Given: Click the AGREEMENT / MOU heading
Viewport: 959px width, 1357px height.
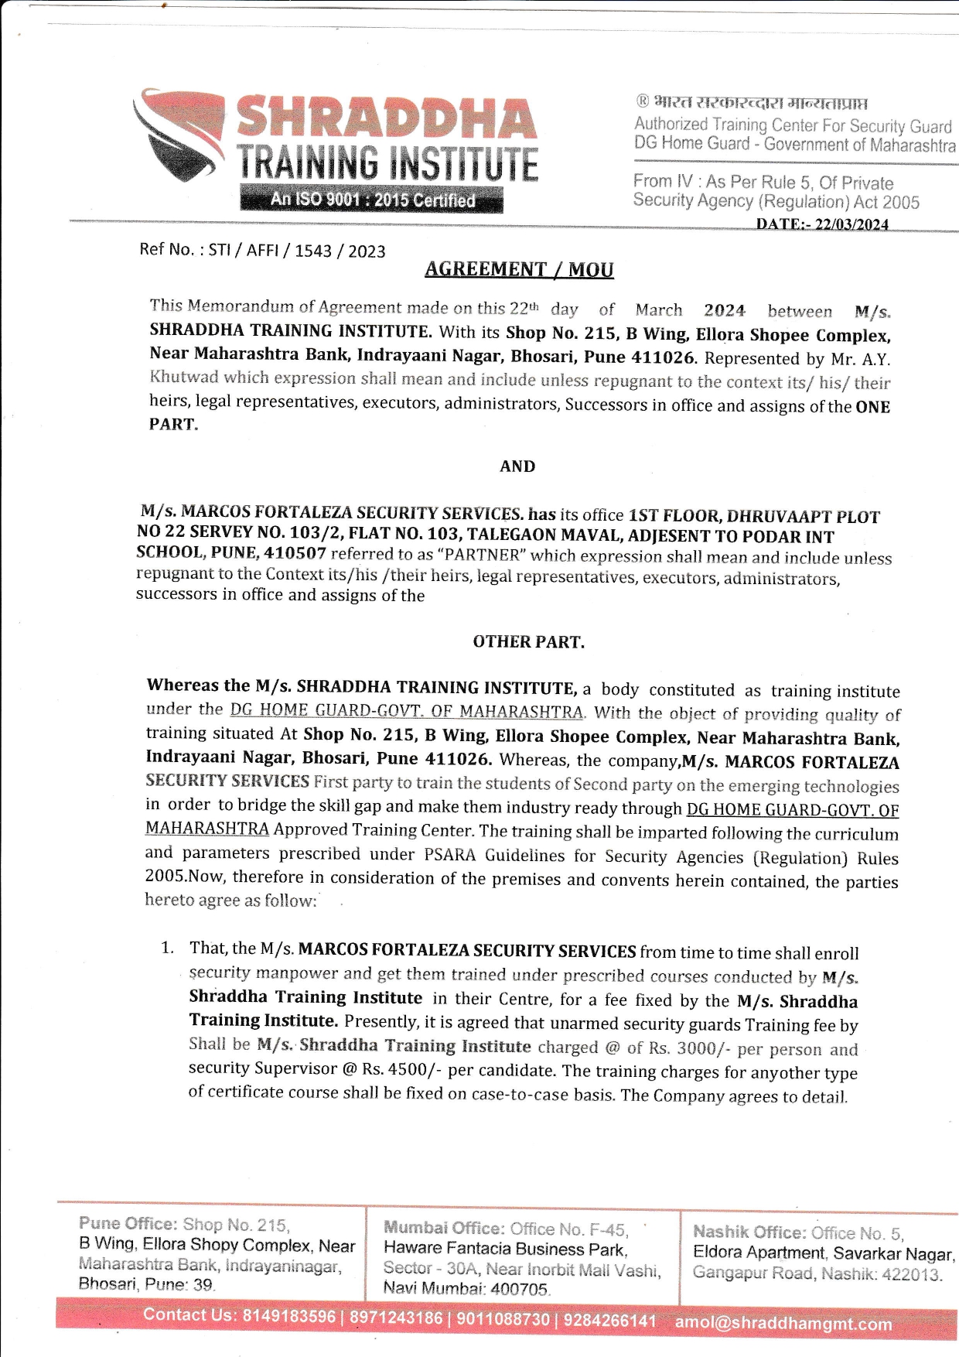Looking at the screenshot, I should point(519,269).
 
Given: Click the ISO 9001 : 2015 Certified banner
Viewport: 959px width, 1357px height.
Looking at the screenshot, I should point(372,200).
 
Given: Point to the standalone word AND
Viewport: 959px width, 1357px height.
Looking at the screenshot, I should point(517,467).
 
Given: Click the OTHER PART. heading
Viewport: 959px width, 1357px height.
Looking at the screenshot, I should point(529,642).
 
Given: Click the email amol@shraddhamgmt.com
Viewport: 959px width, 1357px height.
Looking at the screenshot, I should point(783,1323).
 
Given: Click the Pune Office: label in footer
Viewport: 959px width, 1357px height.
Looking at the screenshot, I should point(128,1223).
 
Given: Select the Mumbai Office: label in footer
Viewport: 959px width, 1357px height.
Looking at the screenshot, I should point(444,1228).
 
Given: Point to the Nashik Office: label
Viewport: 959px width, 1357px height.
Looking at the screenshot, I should point(748,1232).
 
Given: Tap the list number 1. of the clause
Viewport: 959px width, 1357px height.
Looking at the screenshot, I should point(168,948).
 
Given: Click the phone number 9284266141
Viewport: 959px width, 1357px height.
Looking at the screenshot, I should point(609,1320).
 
